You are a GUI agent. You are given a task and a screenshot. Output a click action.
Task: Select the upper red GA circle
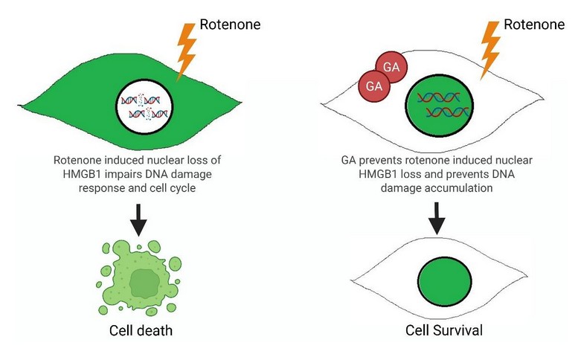click(391, 68)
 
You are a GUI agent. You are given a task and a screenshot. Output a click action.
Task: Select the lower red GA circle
click(373, 86)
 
